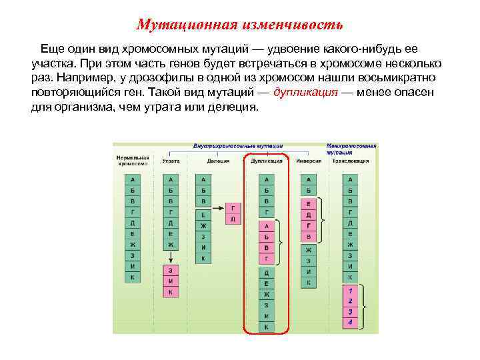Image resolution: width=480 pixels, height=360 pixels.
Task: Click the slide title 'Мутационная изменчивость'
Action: (x=239, y=25)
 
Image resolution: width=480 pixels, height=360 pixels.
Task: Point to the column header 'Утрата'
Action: (x=171, y=161)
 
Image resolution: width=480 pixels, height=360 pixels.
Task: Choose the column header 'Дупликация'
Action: (x=266, y=161)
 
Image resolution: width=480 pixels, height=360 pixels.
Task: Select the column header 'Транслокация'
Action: (x=351, y=161)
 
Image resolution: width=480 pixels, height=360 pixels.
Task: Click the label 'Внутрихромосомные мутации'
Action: (x=237, y=145)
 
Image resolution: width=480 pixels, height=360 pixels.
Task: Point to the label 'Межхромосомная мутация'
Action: (x=351, y=149)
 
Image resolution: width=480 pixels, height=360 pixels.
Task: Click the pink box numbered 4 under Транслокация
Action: (x=350, y=323)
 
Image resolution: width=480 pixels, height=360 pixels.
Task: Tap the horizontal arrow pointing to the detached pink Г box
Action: (x=219, y=207)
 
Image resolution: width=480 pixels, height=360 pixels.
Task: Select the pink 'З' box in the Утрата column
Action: (x=171, y=271)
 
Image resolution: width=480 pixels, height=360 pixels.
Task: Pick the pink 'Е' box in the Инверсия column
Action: (x=308, y=203)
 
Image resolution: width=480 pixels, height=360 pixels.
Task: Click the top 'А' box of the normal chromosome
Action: (x=132, y=180)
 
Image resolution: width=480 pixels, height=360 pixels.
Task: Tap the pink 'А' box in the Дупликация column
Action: (x=266, y=226)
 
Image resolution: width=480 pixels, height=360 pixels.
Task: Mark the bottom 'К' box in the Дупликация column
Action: (x=266, y=327)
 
